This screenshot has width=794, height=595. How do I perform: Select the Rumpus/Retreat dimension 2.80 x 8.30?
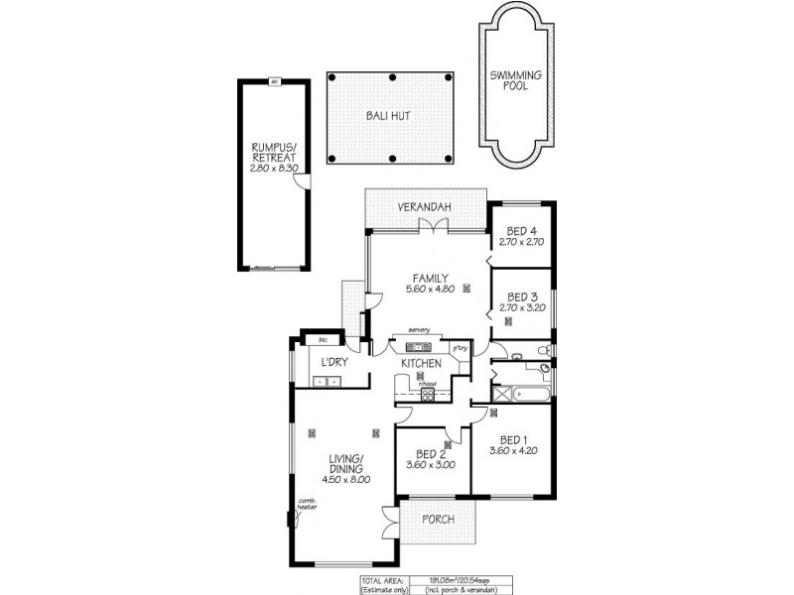click(275, 168)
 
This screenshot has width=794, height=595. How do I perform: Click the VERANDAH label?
click(426, 206)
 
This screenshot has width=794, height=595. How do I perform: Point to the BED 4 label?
click(522, 230)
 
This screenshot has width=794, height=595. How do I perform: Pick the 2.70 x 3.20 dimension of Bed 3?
click(522, 308)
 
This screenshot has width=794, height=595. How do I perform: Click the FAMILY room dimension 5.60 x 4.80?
click(430, 290)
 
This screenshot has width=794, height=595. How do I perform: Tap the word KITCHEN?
click(421, 364)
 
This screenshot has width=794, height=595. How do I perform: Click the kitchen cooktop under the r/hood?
click(428, 394)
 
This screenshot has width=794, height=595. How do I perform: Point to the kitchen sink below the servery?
click(414, 347)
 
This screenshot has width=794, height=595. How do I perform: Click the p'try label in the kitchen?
click(459, 348)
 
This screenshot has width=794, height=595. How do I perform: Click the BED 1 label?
click(512, 440)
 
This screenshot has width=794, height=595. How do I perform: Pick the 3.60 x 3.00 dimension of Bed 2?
click(432, 464)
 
